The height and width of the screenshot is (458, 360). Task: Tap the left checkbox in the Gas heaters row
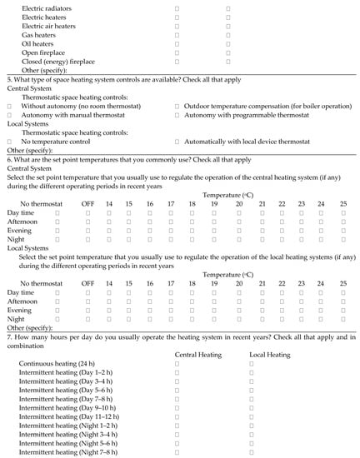[177, 35]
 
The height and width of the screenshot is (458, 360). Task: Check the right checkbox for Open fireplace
[228, 52]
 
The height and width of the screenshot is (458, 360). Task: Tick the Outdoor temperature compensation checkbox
[177, 107]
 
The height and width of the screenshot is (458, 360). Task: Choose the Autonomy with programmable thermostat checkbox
[177, 116]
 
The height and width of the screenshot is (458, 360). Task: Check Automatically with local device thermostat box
[177, 142]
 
